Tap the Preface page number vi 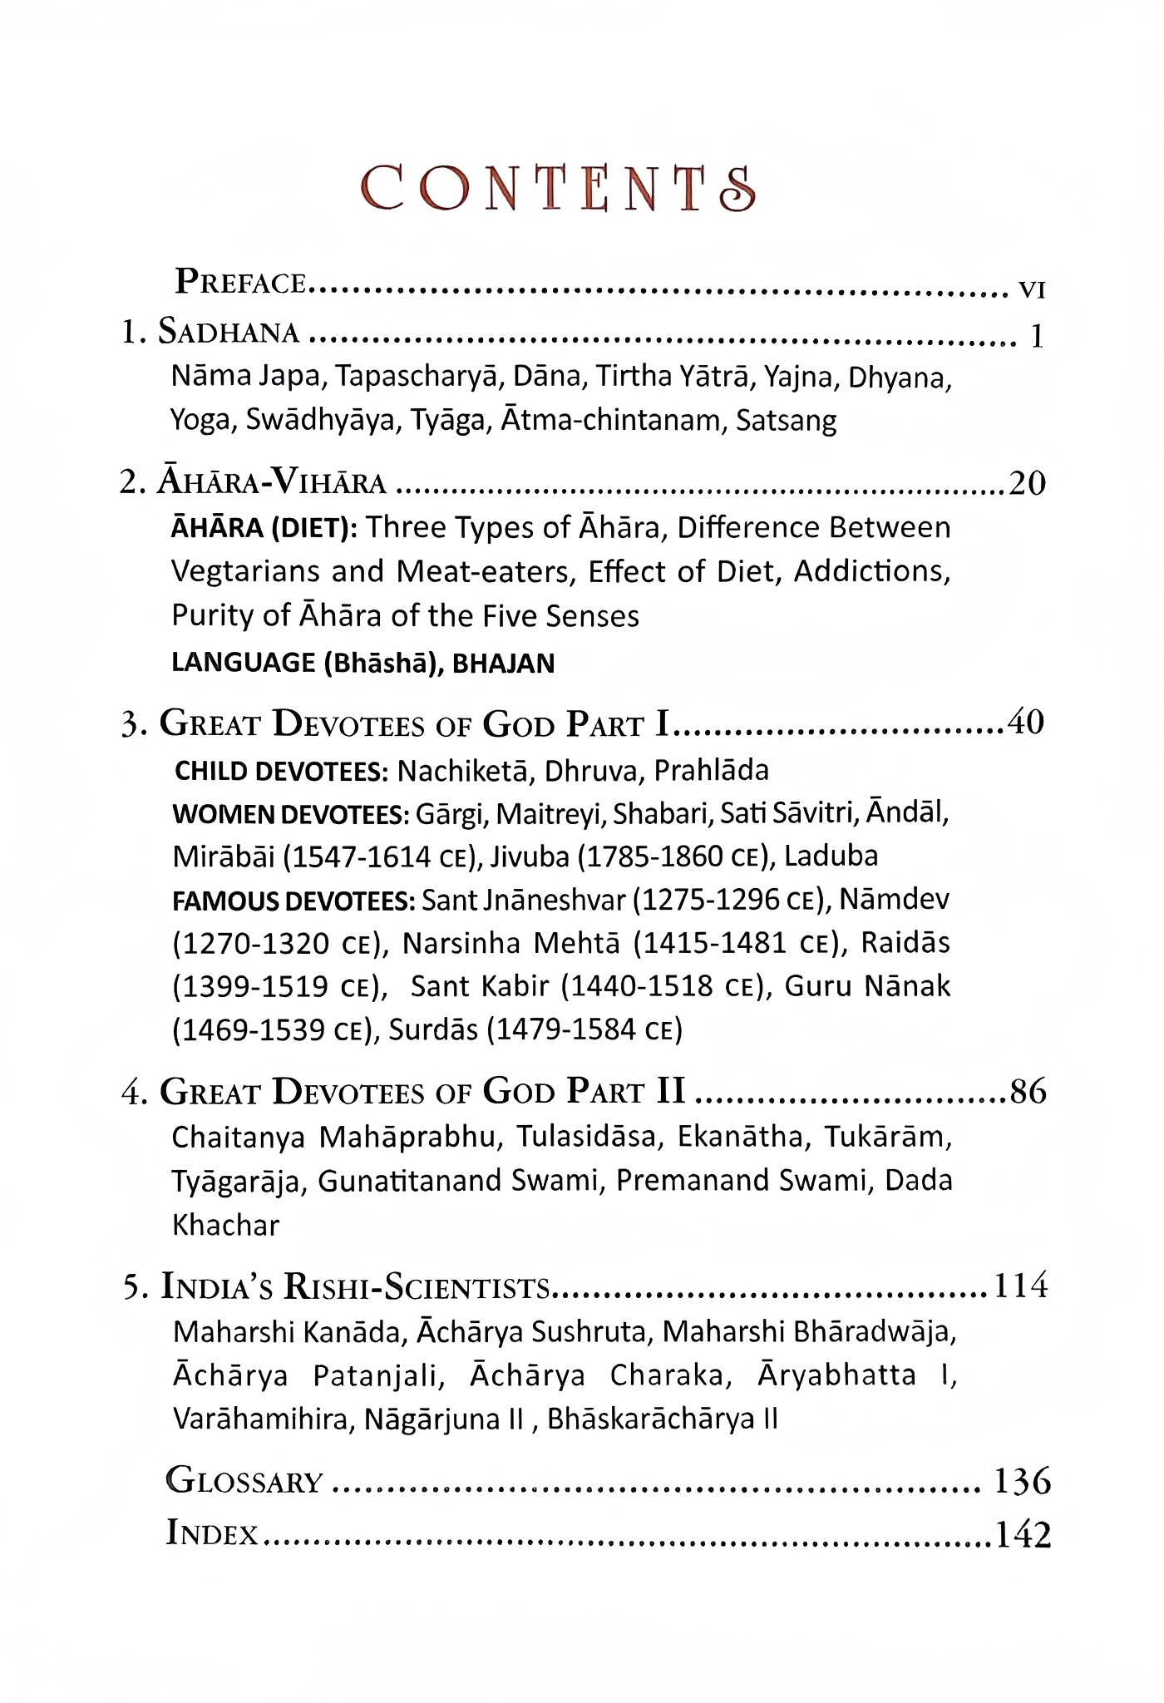(x=1031, y=289)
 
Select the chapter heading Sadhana (x=229, y=333)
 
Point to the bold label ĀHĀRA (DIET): (x=264, y=528)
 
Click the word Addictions (x=871, y=572)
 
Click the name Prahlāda (x=711, y=771)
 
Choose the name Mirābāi (x=223, y=856)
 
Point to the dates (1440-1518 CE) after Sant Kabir (x=662, y=986)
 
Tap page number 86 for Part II (x=1028, y=1091)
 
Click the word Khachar (x=225, y=1225)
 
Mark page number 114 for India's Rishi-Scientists (x=1021, y=1286)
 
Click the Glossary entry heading (x=244, y=1481)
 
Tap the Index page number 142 (x=1023, y=1534)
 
